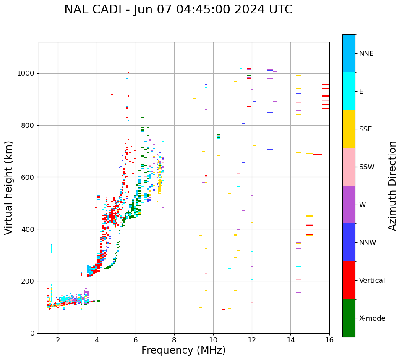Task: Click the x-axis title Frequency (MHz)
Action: pyautogui.click(x=183, y=350)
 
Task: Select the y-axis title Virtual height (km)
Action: pyautogui.click(x=9, y=187)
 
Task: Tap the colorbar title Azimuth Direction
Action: pyautogui.click(x=392, y=185)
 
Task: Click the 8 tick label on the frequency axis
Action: pyautogui.click(x=174, y=339)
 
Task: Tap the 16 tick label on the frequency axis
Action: pyautogui.click(x=329, y=339)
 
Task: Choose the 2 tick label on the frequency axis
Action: pyautogui.click(x=58, y=339)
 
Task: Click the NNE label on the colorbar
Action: pyautogui.click(x=366, y=53)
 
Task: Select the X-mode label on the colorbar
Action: pyautogui.click(x=372, y=318)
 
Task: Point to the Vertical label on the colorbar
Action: pyautogui.click(x=372, y=280)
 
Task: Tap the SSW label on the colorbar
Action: pyautogui.click(x=367, y=167)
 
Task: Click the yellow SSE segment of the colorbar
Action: pyautogui.click(x=349, y=129)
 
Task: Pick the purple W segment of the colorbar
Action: pyautogui.click(x=349, y=205)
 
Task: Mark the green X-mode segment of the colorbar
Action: pyautogui.click(x=349, y=318)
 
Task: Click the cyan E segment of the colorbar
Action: pyautogui.click(x=349, y=91)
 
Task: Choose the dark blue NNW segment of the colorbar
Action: pyautogui.click(x=349, y=242)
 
